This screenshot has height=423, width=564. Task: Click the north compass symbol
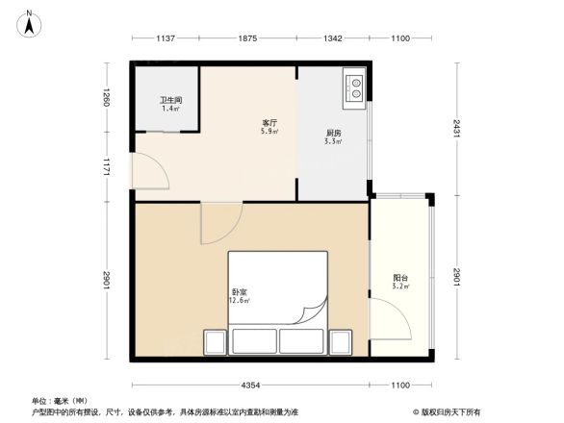[30, 23]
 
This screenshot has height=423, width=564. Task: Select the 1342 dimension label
[332, 38]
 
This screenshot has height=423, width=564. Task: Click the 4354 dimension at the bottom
[252, 386]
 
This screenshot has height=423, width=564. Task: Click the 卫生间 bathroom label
[171, 100]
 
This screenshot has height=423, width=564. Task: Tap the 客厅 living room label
[269, 123]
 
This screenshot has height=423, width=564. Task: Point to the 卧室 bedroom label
[239, 291]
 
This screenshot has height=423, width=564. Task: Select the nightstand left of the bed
[215, 342]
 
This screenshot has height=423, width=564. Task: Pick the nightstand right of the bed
[342, 342]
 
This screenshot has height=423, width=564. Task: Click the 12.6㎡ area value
[239, 301]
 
